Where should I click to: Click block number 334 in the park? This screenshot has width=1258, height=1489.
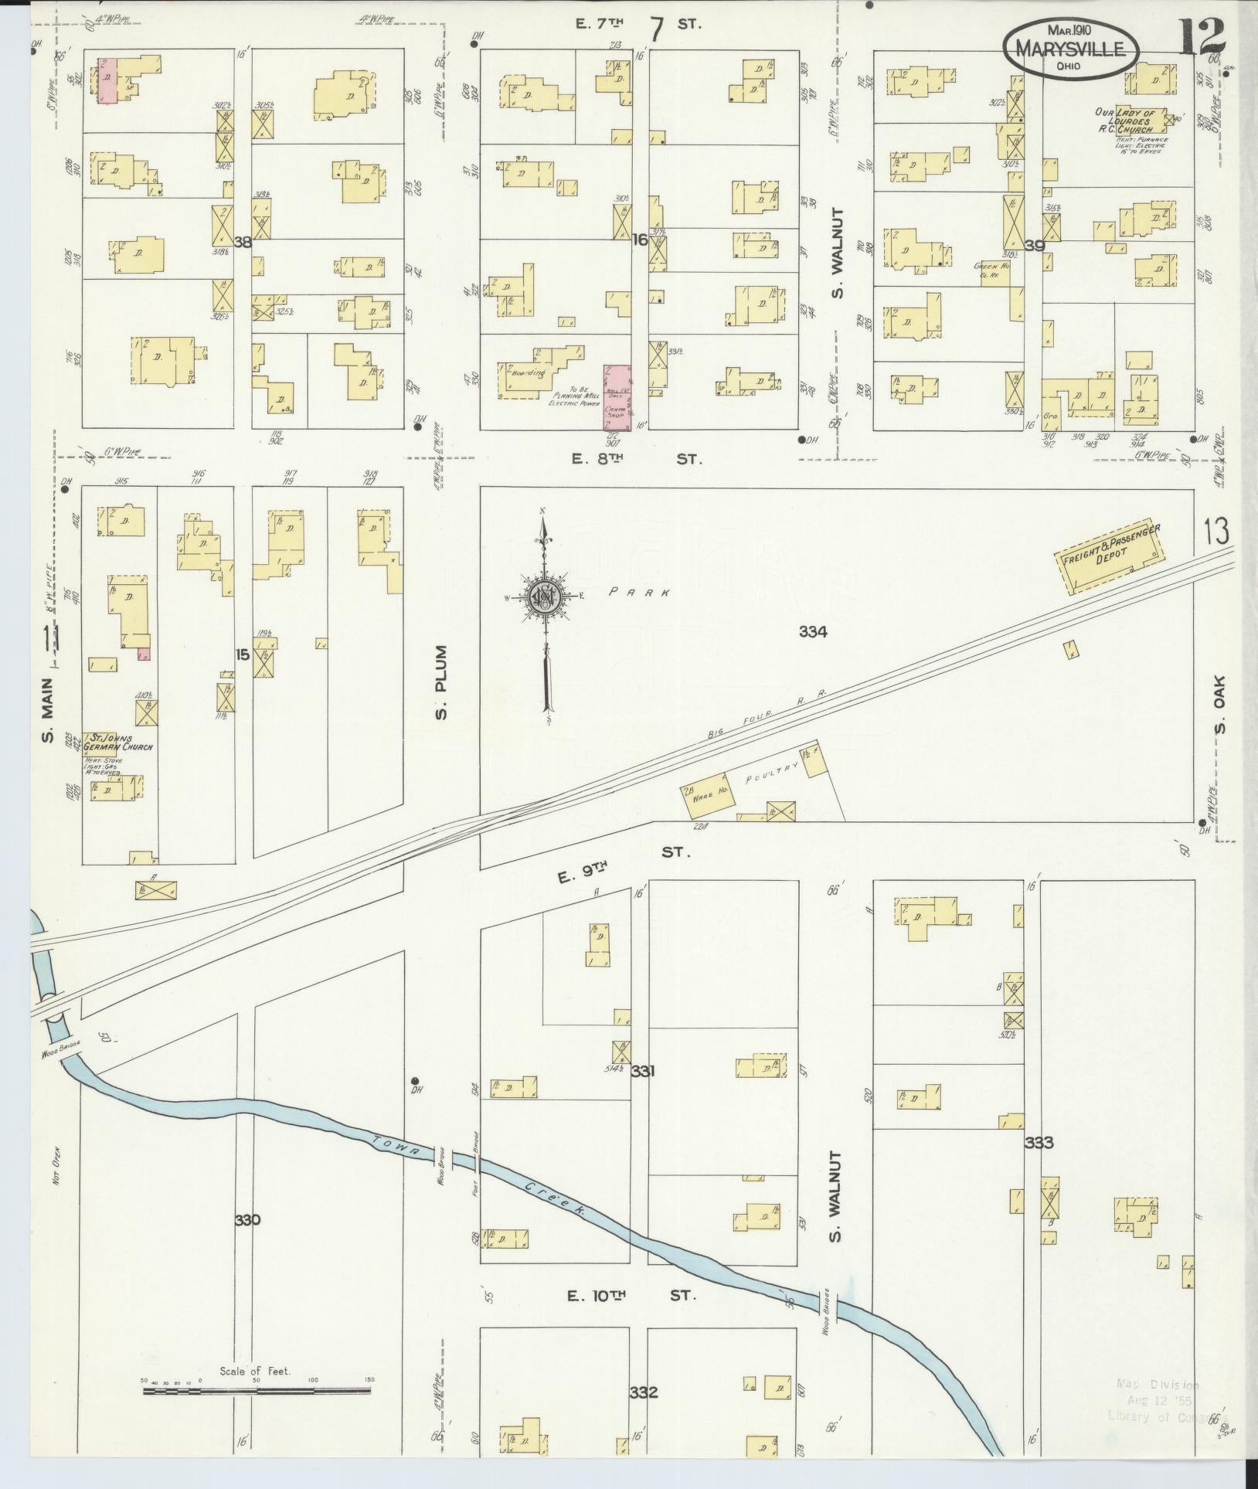coord(813,632)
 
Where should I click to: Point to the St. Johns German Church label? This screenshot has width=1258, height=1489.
coord(119,743)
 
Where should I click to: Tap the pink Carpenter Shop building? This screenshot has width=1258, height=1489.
coord(617,396)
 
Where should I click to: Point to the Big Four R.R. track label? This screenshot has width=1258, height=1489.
coord(767,714)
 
